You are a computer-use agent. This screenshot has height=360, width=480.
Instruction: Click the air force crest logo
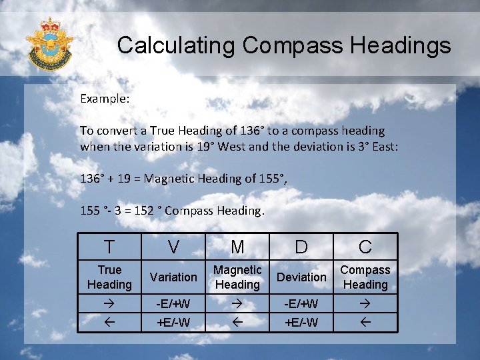coord(49,44)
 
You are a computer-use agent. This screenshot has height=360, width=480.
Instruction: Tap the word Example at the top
coord(105,98)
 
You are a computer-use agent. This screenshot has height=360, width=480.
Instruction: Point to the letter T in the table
coord(109,247)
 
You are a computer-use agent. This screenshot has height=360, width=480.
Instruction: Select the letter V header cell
coord(173,247)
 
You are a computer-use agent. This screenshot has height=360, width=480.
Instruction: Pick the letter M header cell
coord(237,247)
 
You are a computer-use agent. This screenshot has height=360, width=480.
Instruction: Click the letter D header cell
coord(301,247)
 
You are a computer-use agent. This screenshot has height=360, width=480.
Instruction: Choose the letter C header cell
coord(365,247)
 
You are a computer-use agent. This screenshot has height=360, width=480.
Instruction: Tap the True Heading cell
coord(109,277)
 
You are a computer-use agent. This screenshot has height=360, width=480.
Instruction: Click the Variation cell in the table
coord(173,277)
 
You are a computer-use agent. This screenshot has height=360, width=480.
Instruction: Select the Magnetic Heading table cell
coord(237,277)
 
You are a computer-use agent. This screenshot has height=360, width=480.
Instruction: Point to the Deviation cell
coord(301,277)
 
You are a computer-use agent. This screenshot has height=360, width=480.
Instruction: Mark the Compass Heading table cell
coord(365,277)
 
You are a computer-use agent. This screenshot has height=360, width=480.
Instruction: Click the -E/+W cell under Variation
coord(173,304)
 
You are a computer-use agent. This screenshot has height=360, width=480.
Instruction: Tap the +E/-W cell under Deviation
coord(301,323)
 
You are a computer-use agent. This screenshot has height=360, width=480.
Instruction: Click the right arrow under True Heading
coord(109,304)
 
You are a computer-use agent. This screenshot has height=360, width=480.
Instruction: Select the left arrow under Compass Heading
coord(365,323)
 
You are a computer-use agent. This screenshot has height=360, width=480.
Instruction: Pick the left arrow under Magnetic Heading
coord(237,323)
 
